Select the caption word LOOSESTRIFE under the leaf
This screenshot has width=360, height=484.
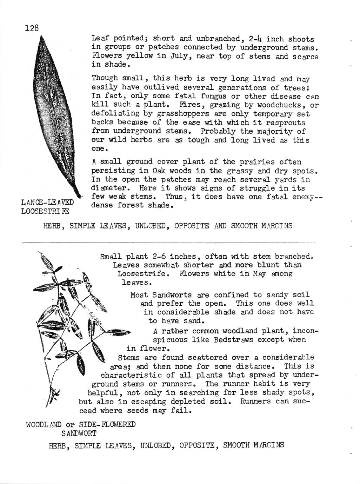click(x=45, y=211)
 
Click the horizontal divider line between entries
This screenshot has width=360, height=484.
click(x=168, y=242)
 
